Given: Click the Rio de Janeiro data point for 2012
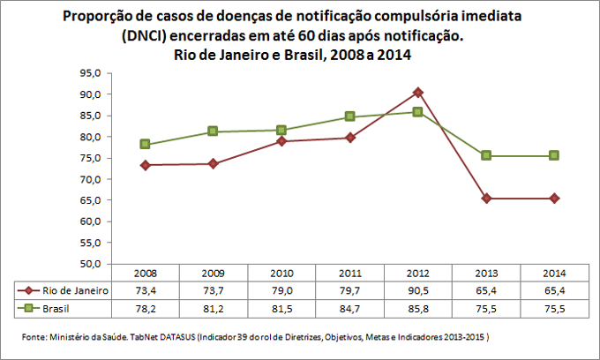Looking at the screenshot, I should coord(417,92).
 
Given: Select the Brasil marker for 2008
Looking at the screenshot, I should coord(145,144).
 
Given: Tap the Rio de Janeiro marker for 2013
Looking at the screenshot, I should coord(486,199).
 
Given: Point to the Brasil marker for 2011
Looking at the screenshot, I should coord(349,116).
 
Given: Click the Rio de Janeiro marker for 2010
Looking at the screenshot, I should coord(281,141).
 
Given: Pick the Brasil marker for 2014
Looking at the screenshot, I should coord(554,155).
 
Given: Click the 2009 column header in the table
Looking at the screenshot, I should coord(213,273).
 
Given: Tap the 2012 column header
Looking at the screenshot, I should coord(417,273).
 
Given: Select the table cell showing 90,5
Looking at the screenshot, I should coord(417,289).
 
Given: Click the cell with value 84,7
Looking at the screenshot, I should coord(349,308).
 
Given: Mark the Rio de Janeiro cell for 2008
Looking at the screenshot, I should coord(145,289).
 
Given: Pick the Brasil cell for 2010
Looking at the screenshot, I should coord(281,308).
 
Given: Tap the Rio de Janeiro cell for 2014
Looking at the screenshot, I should coord(554,289).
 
